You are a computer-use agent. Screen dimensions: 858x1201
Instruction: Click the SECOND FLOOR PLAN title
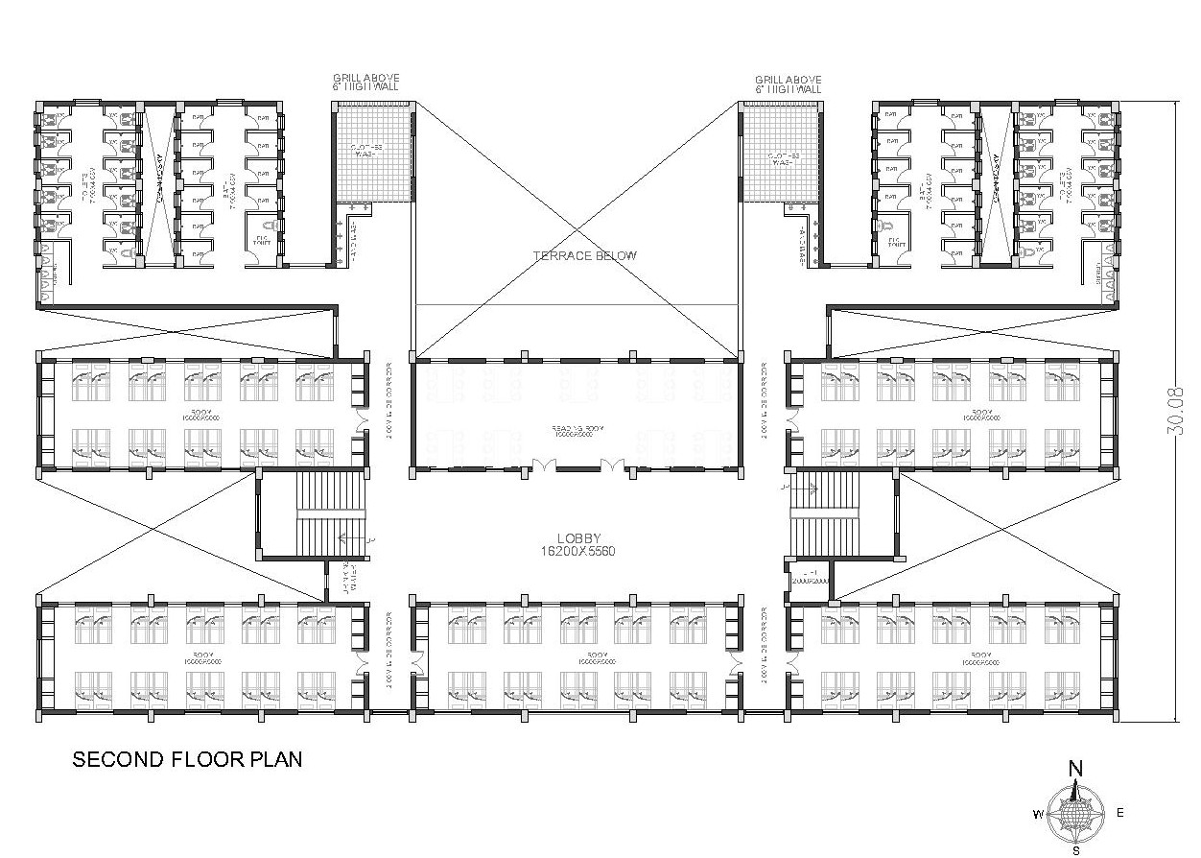[x=188, y=760]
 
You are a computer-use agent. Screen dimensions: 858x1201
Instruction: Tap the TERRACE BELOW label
[x=585, y=255]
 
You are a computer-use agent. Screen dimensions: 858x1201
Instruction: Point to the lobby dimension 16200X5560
[x=577, y=552]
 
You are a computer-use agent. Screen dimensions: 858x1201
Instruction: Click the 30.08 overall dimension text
[x=1176, y=412]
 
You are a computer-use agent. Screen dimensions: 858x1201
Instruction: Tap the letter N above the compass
[x=1076, y=768]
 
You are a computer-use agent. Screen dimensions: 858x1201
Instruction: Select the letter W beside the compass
[x=1038, y=815]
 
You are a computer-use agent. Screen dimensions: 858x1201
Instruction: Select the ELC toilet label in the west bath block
[x=262, y=241]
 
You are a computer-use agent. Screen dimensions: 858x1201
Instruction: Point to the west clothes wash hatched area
[x=372, y=154]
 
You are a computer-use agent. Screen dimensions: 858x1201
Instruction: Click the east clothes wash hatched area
[x=782, y=154]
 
